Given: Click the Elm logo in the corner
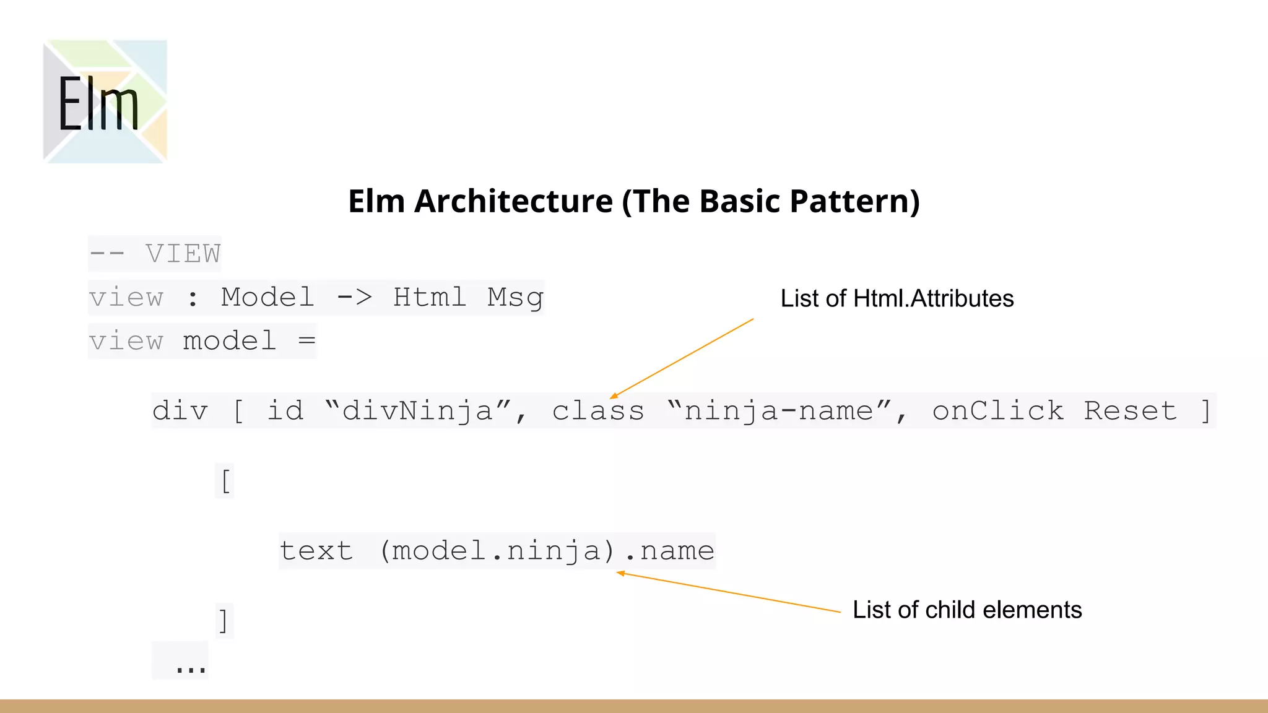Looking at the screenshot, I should pos(105,102).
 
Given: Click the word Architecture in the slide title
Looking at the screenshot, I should pos(513,201).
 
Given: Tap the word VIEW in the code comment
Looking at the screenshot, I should pos(183,254).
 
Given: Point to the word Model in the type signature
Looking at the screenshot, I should pos(267,298).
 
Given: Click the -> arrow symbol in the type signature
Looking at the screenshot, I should pos(354,298).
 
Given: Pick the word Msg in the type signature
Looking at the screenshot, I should pos(515,298).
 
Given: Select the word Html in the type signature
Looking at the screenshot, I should pos(429,298).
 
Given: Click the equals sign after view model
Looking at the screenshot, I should pos(306,341).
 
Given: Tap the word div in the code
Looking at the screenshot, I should pos(180,411).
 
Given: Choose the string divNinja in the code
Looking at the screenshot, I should pos(417,411).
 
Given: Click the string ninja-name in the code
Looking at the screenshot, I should pos(778,411).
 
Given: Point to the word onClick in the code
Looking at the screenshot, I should pos(998,411).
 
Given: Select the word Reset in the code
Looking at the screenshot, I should pos(1131,411).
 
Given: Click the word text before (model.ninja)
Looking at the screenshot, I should pos(316,551).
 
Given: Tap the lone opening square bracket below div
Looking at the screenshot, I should pos(225,481).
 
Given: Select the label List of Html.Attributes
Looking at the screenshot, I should pos(897,299).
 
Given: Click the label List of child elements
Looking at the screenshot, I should pos(967,610).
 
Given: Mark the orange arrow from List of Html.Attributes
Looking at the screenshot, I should pos(681,358).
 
